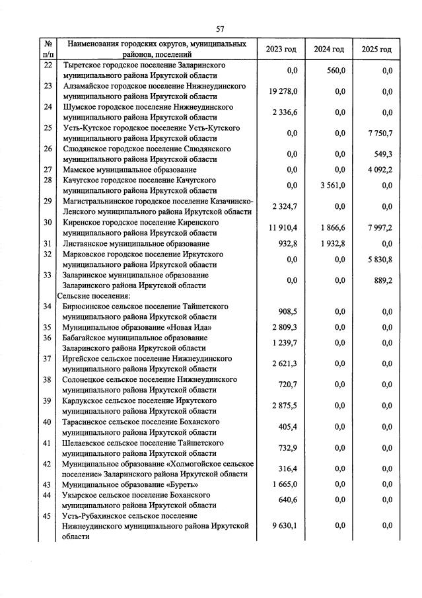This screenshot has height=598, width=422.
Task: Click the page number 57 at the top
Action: tap(221, 28)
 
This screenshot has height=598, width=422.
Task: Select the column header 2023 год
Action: tap(281, 50)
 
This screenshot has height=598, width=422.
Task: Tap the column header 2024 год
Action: tap(329, 50)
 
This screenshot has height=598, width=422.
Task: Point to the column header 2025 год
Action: tap(376, 50)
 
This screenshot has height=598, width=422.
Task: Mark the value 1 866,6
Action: tap(331, 227)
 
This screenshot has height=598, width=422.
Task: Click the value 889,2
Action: tap(382, 280)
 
